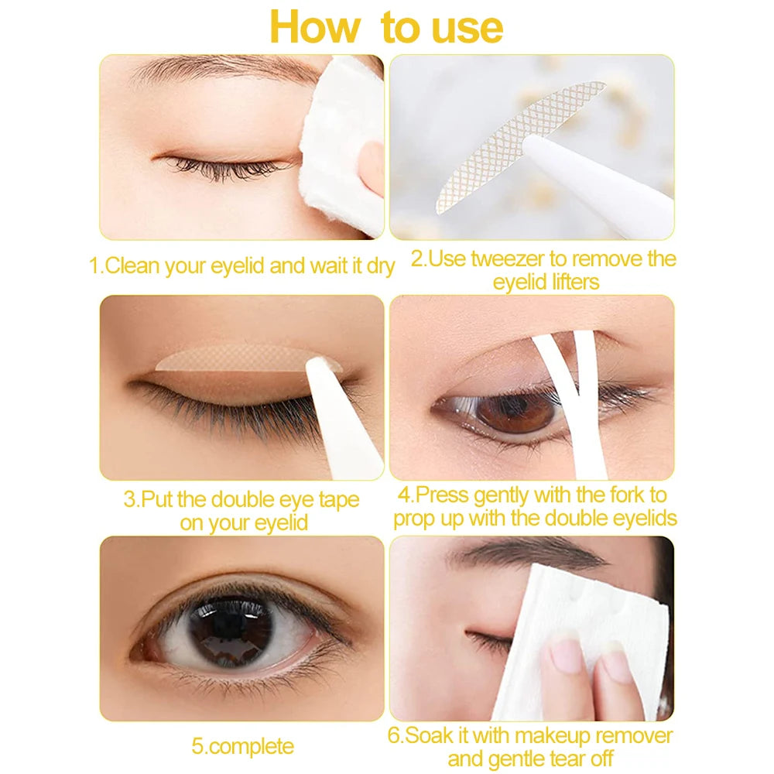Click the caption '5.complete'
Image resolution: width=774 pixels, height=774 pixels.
242,746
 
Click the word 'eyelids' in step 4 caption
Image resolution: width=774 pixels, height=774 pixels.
635,518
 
